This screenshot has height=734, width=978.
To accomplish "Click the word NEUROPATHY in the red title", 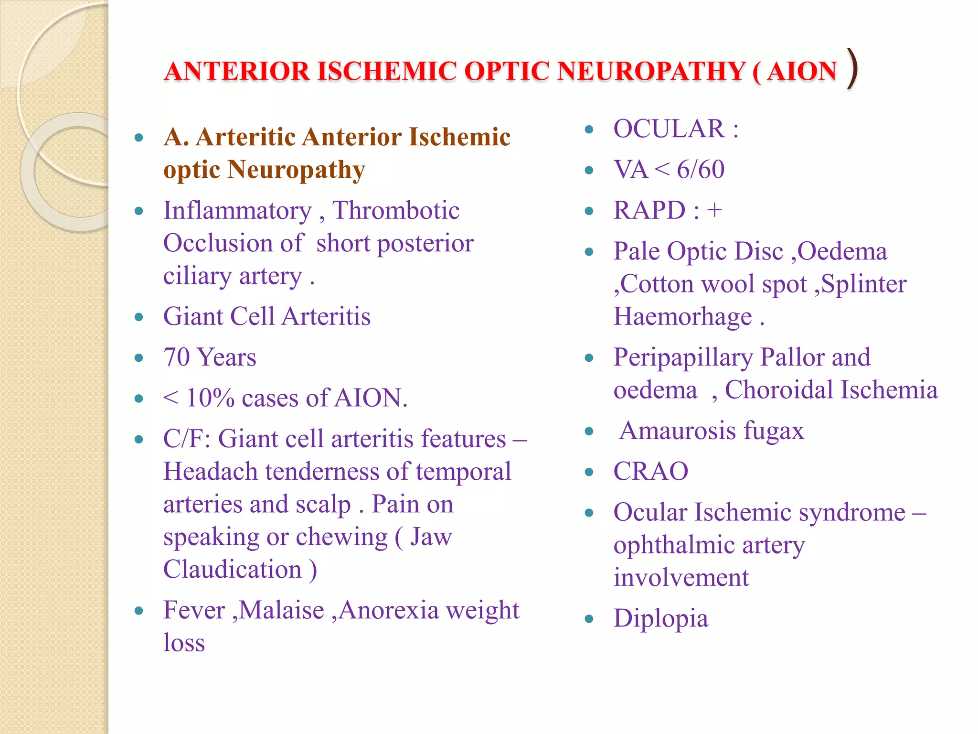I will coord(651,71).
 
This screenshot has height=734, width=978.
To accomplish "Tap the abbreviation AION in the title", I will coord(802,71).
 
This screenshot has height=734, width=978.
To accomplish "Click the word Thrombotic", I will coord(395,211).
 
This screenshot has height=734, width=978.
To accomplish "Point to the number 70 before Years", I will coord(177,357).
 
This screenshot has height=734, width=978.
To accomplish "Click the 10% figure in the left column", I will coord(210,398).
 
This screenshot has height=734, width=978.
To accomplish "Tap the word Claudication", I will coord(233,570).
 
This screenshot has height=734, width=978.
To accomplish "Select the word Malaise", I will coord(282,610).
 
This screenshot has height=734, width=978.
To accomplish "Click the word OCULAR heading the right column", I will coord(669,129).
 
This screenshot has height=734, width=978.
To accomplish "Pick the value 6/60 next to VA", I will coord(701,170).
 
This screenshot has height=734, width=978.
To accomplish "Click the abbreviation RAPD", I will coord(649,211).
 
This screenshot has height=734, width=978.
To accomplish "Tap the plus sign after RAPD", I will coord(714,211).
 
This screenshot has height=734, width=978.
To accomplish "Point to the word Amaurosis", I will coord(678,431).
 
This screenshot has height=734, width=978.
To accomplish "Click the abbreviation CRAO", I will coord(650,472).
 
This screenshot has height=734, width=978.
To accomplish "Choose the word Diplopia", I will coord(661,619).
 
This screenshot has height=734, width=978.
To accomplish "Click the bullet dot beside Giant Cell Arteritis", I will coord(139,317).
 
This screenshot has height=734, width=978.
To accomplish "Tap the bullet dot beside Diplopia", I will coord(589,619).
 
